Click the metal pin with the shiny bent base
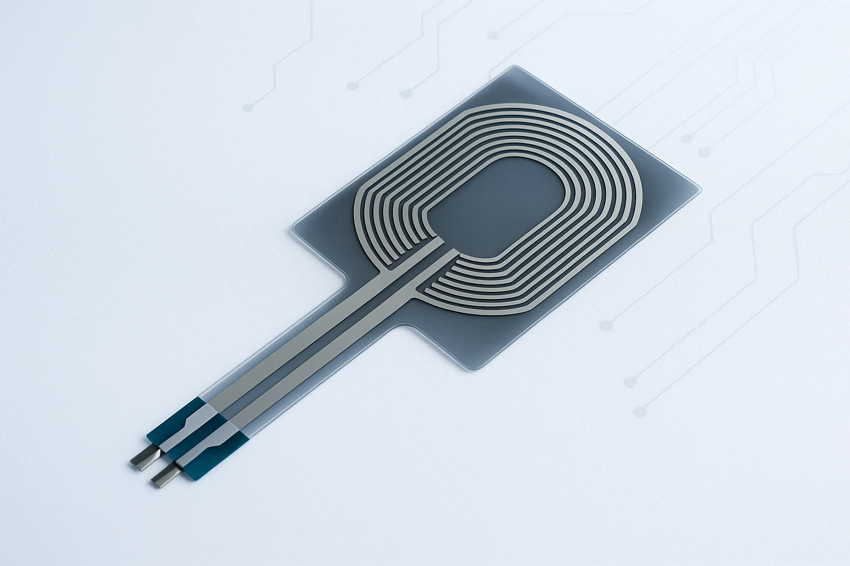tap(143, 459)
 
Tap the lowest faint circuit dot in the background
tap(641, 411)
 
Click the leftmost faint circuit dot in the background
tap(248, 106)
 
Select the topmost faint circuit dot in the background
tap(492, 35)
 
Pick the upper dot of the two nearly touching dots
tap(687, 138)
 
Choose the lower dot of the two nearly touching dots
tap(704, 152)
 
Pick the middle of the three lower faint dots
tap(629, 381)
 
